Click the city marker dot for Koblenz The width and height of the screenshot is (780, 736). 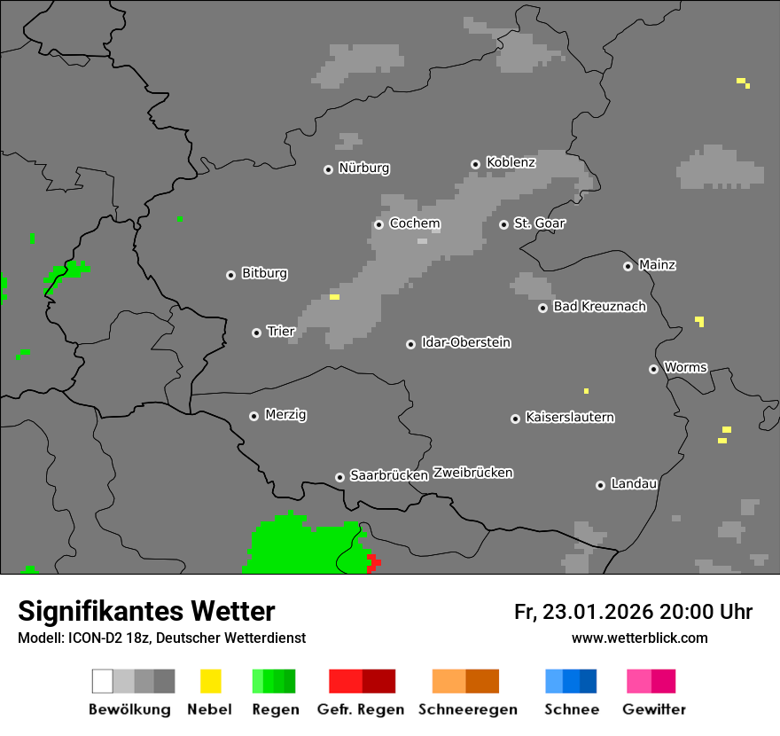pos(475,164)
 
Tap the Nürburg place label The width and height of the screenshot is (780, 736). pos(363,168)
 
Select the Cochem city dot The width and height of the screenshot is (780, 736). pos(378,224)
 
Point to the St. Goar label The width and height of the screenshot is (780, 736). pos(539,223)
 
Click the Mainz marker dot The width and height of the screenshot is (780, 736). pos(628,266)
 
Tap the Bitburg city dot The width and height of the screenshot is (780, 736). pos(230,275)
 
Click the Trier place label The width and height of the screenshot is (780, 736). pos(281,332)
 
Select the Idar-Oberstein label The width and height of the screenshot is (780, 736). pos(466,342)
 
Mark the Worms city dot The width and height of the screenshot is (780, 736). pos(653,369)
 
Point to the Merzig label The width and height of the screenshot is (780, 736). pos(285,415)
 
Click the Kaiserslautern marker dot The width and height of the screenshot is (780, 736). pos(515,419)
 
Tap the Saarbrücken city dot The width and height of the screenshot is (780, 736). pos(339,477)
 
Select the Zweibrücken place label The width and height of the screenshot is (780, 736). pos(473,473)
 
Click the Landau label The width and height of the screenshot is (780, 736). pos(634,484)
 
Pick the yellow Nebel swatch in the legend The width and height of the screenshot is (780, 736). pos(210,681)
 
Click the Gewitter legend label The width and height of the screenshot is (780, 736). pos(654,709)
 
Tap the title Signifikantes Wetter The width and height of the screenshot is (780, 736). pos(146,611)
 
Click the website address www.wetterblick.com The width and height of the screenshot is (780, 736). pos(639,638)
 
